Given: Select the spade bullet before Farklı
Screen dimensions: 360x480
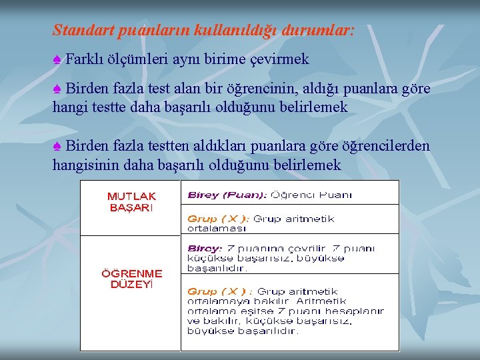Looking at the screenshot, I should click(x=57, y=59).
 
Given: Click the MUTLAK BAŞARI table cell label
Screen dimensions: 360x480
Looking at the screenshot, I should click(x=131, y=201).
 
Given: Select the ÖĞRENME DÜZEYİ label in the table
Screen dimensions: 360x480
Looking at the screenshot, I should click(x=131, y=279).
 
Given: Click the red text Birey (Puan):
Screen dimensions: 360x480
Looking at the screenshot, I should click(x=227, y=195).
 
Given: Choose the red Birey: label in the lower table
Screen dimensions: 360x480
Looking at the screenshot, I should click(x=205, y=248).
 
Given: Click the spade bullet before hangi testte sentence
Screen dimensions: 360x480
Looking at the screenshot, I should click(x=57, y=89).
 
